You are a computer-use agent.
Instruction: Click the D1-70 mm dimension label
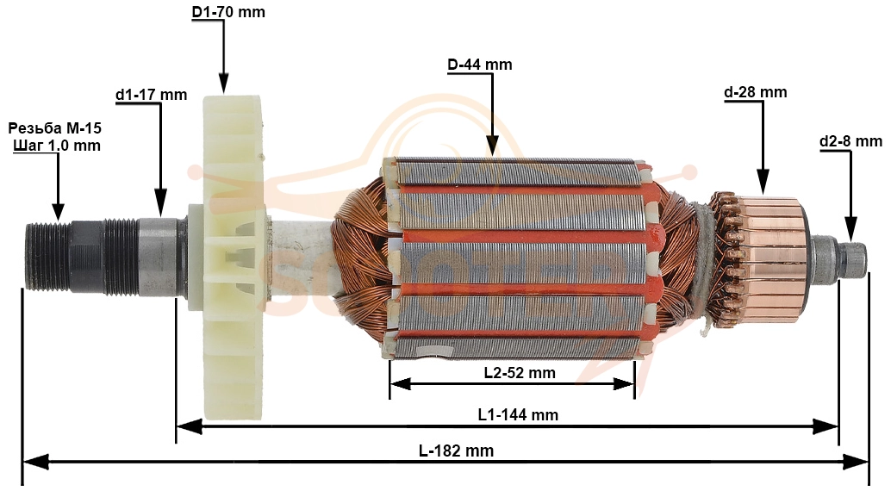click(228, 12)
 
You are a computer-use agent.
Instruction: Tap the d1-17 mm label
click(151, 95)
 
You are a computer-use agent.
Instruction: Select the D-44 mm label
click(480, 65)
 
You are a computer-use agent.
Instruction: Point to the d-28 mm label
click(755, 92)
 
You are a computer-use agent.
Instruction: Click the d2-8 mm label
click(850, 141)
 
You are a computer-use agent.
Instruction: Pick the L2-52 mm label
click(520, 373)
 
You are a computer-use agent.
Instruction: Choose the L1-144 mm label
click(518, 415)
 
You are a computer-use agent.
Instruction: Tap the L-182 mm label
click(457, 451)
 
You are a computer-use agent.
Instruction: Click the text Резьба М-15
click(54, 127)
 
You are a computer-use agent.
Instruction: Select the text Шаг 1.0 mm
click(56, 146)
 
